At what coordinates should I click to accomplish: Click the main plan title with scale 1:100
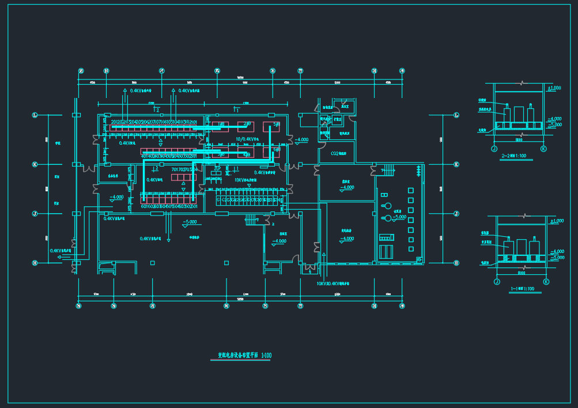tap(244, 356)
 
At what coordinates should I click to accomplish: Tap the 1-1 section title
tap(522, 289)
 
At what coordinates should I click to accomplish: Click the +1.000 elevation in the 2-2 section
tap(554, 88)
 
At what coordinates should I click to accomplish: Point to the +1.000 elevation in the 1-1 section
tap(557, 221)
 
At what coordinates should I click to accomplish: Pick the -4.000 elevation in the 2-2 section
tap(554, 119)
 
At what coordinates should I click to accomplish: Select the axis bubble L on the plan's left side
tap(35, 115)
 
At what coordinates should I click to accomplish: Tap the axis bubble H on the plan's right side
tap(456, 263)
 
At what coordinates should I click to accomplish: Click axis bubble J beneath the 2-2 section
tap(494, 149)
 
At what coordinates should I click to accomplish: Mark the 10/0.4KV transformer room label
tap(246, 139)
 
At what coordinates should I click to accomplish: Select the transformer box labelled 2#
tap(247, 124)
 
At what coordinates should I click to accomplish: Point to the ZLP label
tap(217, 168)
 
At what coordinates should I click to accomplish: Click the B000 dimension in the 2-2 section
tap(519, 139)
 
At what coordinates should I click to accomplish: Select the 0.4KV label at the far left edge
tap(60, 251)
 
